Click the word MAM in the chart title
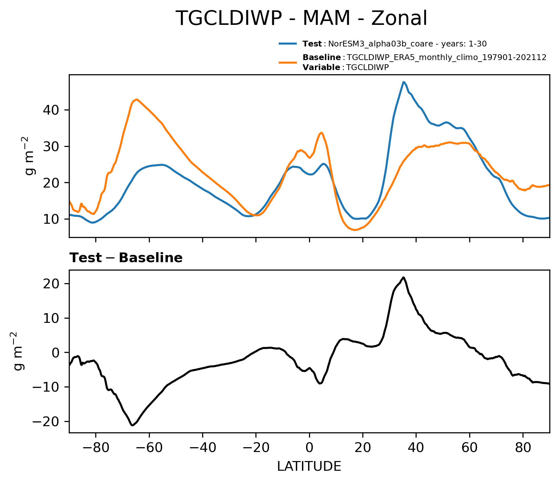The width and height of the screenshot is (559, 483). pos(326,18)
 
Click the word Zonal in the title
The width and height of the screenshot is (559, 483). pos(399,18)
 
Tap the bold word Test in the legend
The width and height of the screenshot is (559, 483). pos(312,44)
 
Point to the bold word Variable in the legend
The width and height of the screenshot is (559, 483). pos(321,67)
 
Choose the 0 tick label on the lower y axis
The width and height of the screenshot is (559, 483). pos(57,353)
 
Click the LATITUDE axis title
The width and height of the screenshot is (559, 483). pos(309,467)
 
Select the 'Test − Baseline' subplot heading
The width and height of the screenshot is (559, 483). pos(126,258)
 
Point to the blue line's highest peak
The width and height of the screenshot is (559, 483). pos(404,82)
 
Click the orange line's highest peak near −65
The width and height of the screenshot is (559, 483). pos(137,99)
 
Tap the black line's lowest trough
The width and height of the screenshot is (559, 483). pos(132,425)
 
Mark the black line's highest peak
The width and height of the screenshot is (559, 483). pos(403,277)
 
